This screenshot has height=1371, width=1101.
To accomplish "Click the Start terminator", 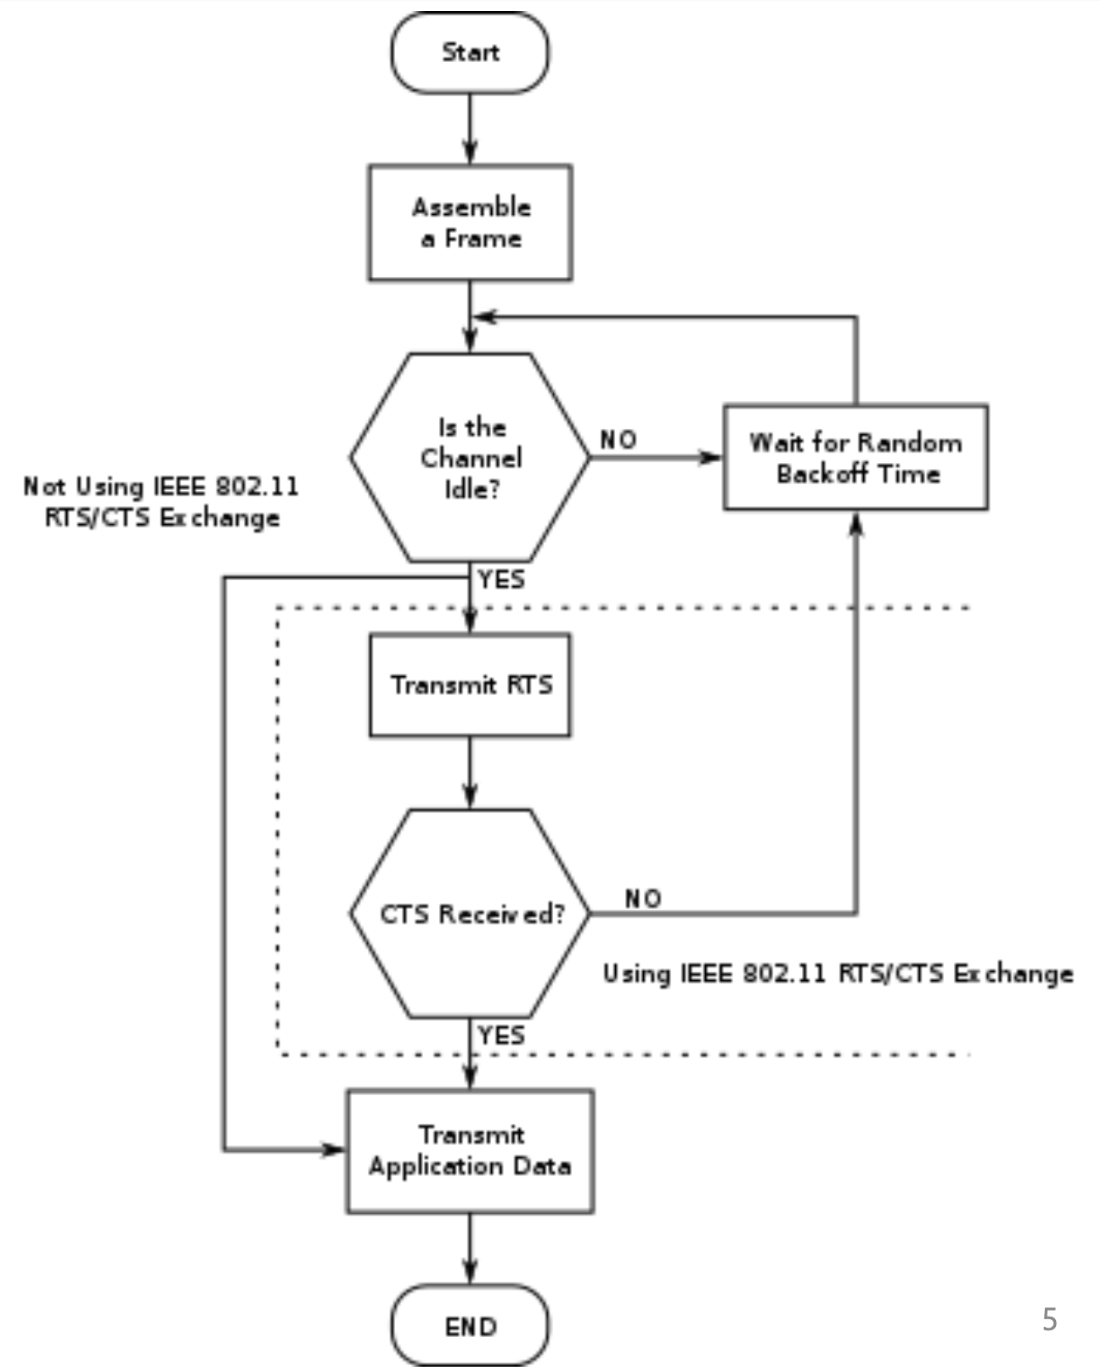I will point(470,53).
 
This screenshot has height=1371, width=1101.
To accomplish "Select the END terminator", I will point(470,1325).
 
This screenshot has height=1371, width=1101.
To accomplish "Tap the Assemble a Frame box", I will point(470,223).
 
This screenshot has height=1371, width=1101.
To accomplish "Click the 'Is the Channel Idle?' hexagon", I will point(470,458).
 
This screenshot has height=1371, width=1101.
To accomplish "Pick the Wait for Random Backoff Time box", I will point(855,458).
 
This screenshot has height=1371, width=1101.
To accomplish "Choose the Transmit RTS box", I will point(470,685).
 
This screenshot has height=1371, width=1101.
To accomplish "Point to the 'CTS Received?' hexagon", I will point(470,914).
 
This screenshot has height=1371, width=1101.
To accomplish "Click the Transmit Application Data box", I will point(470,1151).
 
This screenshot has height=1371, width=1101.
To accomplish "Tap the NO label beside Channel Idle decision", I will point(618,440).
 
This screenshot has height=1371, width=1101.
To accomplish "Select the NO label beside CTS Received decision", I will point(643,899).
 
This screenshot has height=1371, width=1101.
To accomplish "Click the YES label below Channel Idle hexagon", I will point(501,580).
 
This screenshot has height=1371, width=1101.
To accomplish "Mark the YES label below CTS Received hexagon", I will point(501,1036).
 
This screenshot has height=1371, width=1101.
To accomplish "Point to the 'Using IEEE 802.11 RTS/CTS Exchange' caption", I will point(838,973).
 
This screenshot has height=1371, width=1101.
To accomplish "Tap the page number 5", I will point(1050,1319).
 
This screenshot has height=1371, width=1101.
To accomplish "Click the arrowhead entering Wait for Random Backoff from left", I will point(710,458).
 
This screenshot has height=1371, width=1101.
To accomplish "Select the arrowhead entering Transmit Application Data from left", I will point(333,1150).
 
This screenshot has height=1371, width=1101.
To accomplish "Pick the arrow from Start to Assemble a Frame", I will point(470,127).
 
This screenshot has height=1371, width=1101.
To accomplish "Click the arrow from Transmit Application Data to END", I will point(470,1249).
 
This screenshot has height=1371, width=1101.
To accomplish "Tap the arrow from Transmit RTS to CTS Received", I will point(470,771).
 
